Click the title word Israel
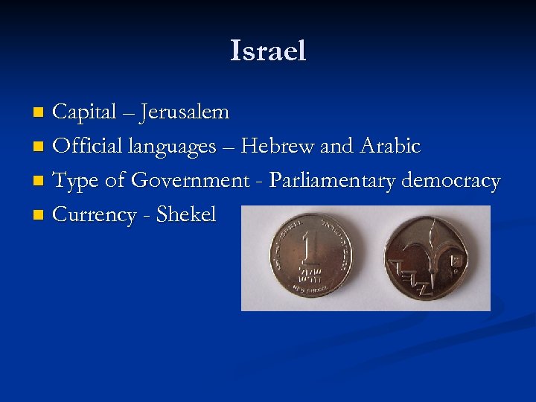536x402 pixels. [268, 51]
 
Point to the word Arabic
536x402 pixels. [390, 147]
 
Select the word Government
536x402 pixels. [190, 181]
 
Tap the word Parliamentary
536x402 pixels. [333, 181]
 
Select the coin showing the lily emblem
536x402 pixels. [427, 258]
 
